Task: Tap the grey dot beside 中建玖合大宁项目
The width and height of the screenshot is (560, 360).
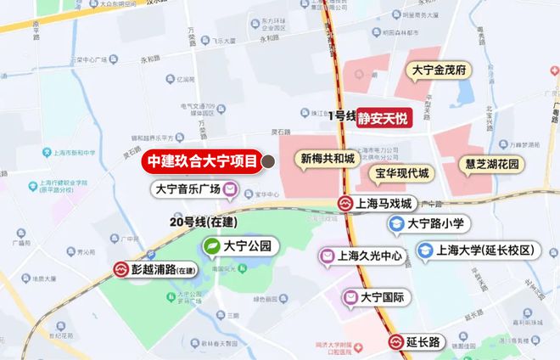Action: click(x=267, y=160)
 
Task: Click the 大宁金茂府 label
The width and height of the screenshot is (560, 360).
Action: click(x=440, y=70)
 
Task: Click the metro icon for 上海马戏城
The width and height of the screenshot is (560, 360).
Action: click(x=345, y=204)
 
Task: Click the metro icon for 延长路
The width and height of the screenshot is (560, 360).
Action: click(x=396, y=342)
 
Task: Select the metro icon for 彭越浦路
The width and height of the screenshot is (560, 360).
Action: click(x=122, y=269)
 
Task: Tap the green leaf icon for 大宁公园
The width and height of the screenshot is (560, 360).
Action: click(x=210, y=247)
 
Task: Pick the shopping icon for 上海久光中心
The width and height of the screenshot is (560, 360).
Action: click(x=326, y=256)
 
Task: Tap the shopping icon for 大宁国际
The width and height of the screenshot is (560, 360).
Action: click(x=350, y=297)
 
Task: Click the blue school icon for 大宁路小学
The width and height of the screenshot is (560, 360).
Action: click(x=395, y=224)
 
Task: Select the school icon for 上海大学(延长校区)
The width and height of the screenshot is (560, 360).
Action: click(x=424, y=250)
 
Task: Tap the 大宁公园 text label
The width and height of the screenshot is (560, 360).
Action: click(x=248, y=247)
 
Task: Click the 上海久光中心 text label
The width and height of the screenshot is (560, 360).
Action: click(x=369, y=256)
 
